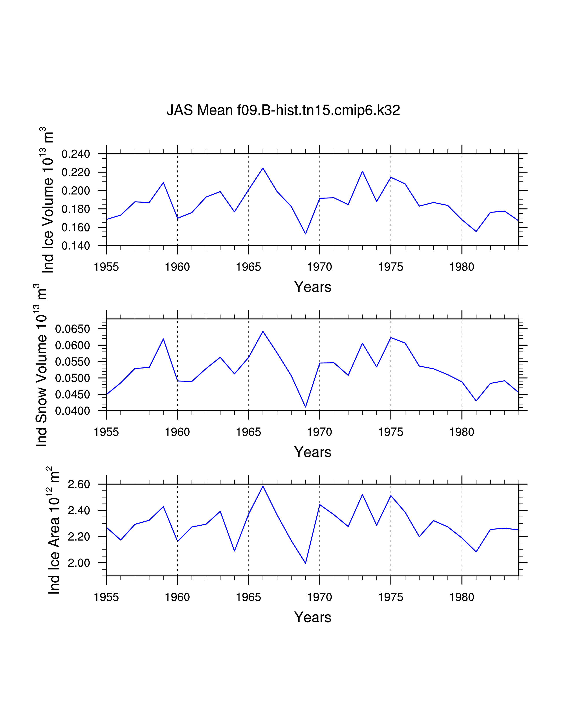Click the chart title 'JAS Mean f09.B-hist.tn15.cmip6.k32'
click(283, 110)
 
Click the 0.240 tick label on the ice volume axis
click(76, 154)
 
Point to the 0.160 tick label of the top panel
click(76, 228)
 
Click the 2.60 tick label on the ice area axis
click(79, 484)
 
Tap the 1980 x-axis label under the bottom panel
click(462, 597)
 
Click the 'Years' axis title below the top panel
click(313, 287)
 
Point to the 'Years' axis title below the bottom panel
click(313, 617)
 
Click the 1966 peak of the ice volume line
click(263, 168)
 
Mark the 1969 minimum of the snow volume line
click(305, 407)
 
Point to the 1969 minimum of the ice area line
click(305, 563)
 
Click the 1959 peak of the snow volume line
click(163, 339)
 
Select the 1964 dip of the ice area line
click(234, 551)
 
